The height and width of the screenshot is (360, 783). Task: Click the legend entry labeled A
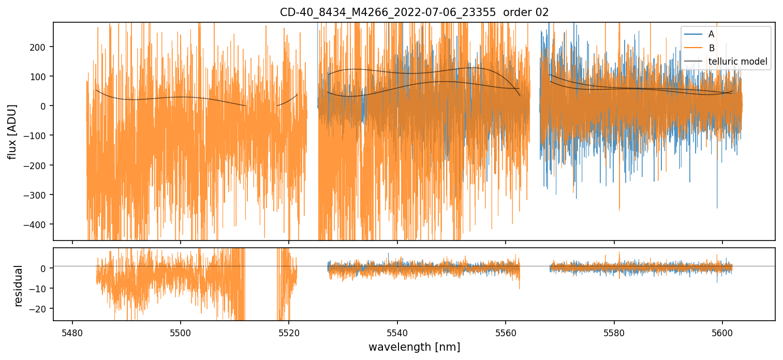(x=711, y=34)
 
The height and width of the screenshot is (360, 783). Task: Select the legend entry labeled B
(x=711, y=48)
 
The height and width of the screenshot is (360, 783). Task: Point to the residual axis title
(x=19, y=286)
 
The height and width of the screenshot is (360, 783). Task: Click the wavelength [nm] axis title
(x=414, y=347)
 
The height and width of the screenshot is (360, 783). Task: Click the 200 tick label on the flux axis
(x=40, y=47)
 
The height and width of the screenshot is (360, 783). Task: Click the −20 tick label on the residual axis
(x=40, y=308)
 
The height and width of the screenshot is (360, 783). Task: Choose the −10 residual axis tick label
(x=40, y=288)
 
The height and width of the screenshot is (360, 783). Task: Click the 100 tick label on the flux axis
(x=40, y=77)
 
